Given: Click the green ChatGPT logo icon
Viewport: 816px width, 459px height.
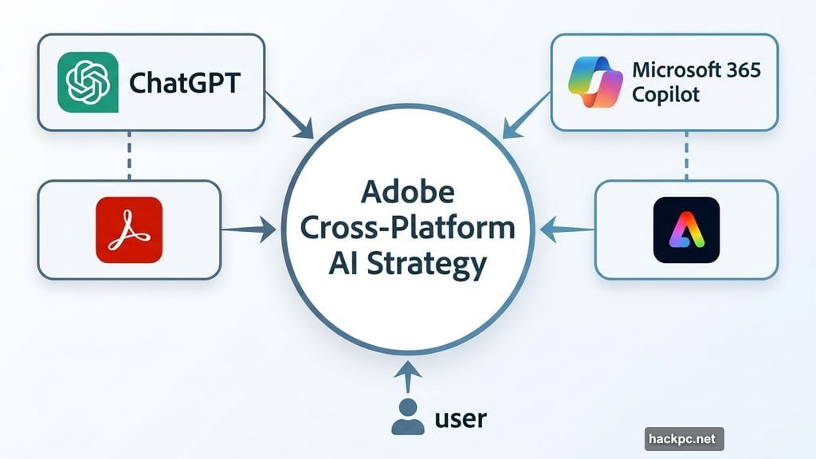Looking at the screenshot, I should (88, 82).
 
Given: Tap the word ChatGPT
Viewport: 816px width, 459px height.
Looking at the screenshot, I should (183, 83).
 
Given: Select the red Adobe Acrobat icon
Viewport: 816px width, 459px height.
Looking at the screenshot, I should (129, 229).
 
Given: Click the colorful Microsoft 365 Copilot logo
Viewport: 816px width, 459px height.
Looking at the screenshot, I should (595, 82).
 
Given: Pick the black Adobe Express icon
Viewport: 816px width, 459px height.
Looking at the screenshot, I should (686, 229).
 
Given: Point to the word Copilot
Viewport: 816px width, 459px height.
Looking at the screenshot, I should (665, 95).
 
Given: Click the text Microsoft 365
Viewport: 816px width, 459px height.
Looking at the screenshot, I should (696, 69).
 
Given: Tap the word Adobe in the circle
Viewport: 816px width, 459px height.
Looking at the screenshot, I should (408, 192).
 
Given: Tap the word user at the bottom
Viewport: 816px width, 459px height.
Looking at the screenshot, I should (461, 418).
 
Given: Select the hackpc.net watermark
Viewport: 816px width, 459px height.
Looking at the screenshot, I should (684, 439).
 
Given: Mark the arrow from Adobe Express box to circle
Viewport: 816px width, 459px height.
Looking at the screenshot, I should (566, 230).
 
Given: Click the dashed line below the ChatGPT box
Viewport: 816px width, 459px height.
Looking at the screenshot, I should (129, 155).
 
